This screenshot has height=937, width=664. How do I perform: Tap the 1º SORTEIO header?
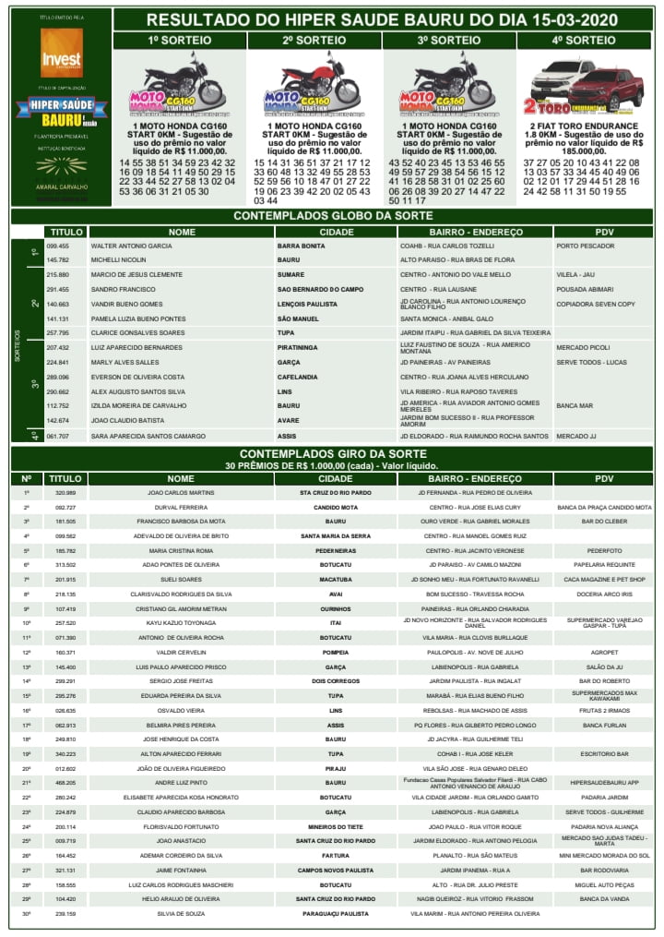(x=180, y=41)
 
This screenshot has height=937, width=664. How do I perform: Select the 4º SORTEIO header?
(x=584, y=41)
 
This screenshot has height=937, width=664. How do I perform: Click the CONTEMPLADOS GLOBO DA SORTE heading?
(x=332, y=215)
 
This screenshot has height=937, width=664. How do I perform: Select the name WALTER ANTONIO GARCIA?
(x=131, y=246)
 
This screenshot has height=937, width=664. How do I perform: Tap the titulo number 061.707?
(x=58, y=436)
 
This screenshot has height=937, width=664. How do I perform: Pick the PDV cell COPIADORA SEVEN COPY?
(x=596, y=304)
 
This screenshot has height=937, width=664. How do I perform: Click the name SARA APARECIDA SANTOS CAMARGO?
(x=148, y=436)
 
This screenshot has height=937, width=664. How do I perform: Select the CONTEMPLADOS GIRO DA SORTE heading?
(x=333, y=454)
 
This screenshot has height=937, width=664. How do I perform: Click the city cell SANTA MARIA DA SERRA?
(x=335, y=536)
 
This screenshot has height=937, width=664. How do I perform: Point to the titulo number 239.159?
(x=65, y=914)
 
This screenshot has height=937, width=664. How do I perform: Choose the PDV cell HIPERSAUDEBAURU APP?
(x=604, y=783)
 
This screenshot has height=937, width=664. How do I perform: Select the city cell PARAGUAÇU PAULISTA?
(x=335, y=914)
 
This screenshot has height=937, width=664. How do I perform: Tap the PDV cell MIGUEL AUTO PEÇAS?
(x=604, y=884)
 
